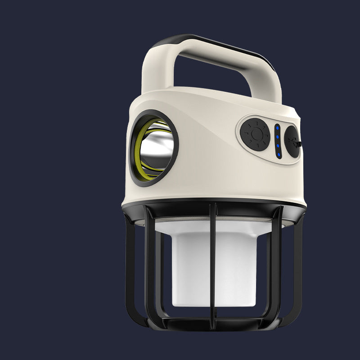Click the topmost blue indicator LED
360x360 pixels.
pyautogui.click(x=277, y=128)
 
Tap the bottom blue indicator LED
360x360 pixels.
pyautogui.click(x=279, y=154)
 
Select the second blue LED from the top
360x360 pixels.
pyautogui.click(x=278, y=137)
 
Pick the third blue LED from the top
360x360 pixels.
pyautogui.click(x=278, y=146)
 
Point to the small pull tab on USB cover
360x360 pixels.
pyautogui.click(x=300, y=144)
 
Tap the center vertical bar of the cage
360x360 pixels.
pyautogui.click(x=215, y=261)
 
